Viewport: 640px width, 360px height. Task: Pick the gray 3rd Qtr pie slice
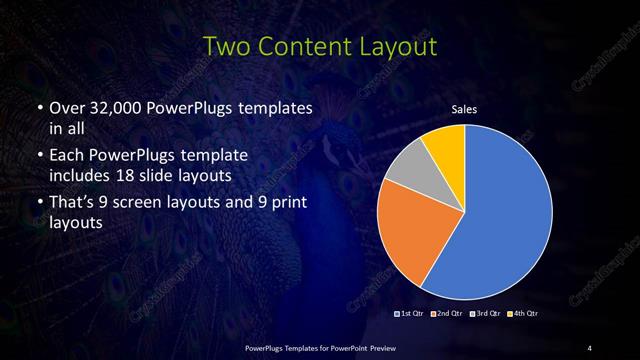409,175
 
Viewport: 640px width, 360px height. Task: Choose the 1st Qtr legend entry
411,314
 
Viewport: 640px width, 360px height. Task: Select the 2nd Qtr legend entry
447,314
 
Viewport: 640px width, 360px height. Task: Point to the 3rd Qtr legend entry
484,314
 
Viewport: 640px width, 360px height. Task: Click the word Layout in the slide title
398,47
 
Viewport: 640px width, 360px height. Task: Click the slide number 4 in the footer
589,347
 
